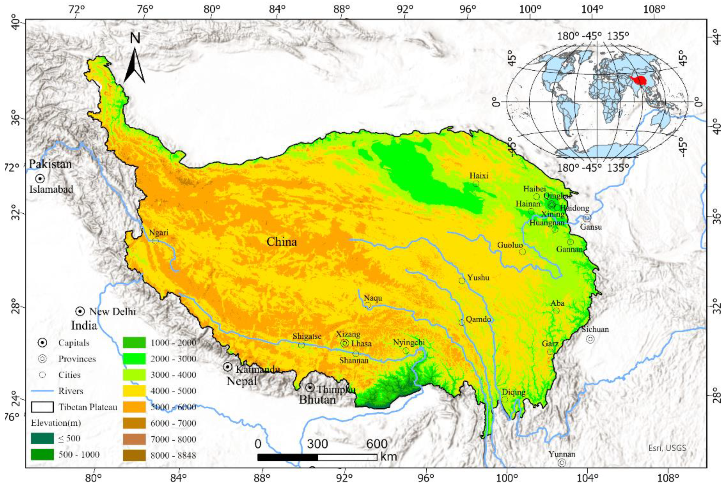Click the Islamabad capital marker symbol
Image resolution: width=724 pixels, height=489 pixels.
(40, 178)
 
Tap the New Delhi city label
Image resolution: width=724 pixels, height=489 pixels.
(113, 312)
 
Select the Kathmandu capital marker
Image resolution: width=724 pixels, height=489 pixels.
(228, 367)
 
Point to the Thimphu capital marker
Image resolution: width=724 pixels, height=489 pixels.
(310, 388)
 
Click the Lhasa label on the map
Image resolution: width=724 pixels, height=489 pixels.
(361, 344)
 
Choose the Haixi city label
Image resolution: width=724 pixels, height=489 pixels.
(479, 176)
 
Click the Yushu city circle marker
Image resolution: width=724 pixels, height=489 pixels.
(462, 281)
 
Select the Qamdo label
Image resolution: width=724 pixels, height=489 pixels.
(478, 319)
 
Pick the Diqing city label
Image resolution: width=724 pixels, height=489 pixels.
(513, 392)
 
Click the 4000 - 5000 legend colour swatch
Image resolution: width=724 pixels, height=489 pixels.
(134, 391)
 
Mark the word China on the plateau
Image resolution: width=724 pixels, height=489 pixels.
(281, 242)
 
